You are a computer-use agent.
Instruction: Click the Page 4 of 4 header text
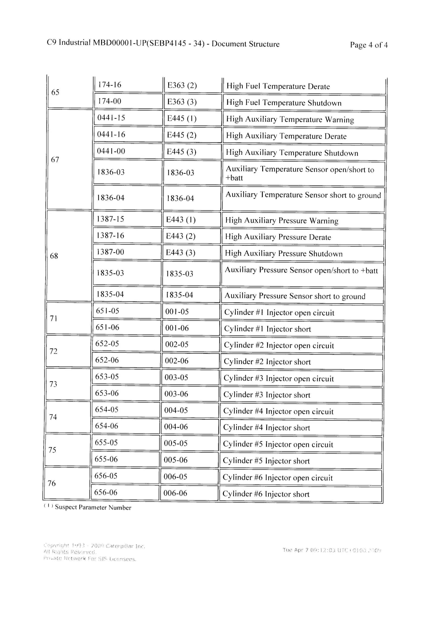pyautogui.click(x=368, y=45)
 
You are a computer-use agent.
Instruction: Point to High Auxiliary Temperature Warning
pyautogui.click(x=290, y=119)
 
